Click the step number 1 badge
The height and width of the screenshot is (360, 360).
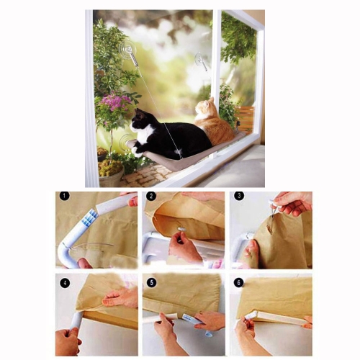coord(64,197)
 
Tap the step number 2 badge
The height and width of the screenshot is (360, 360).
coord(151,197)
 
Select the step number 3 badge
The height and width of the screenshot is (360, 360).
coord(239,196)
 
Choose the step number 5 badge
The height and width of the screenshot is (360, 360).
coord(151,283)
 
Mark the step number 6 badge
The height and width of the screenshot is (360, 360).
coord(238,282)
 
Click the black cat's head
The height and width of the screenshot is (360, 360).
coord(138,121)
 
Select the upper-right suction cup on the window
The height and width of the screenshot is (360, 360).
coord(200,60)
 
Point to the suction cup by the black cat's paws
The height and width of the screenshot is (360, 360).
coord(125,143)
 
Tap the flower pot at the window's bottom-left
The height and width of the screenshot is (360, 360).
coord(111,176)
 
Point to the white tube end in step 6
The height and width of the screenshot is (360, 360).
coord(251,315)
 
